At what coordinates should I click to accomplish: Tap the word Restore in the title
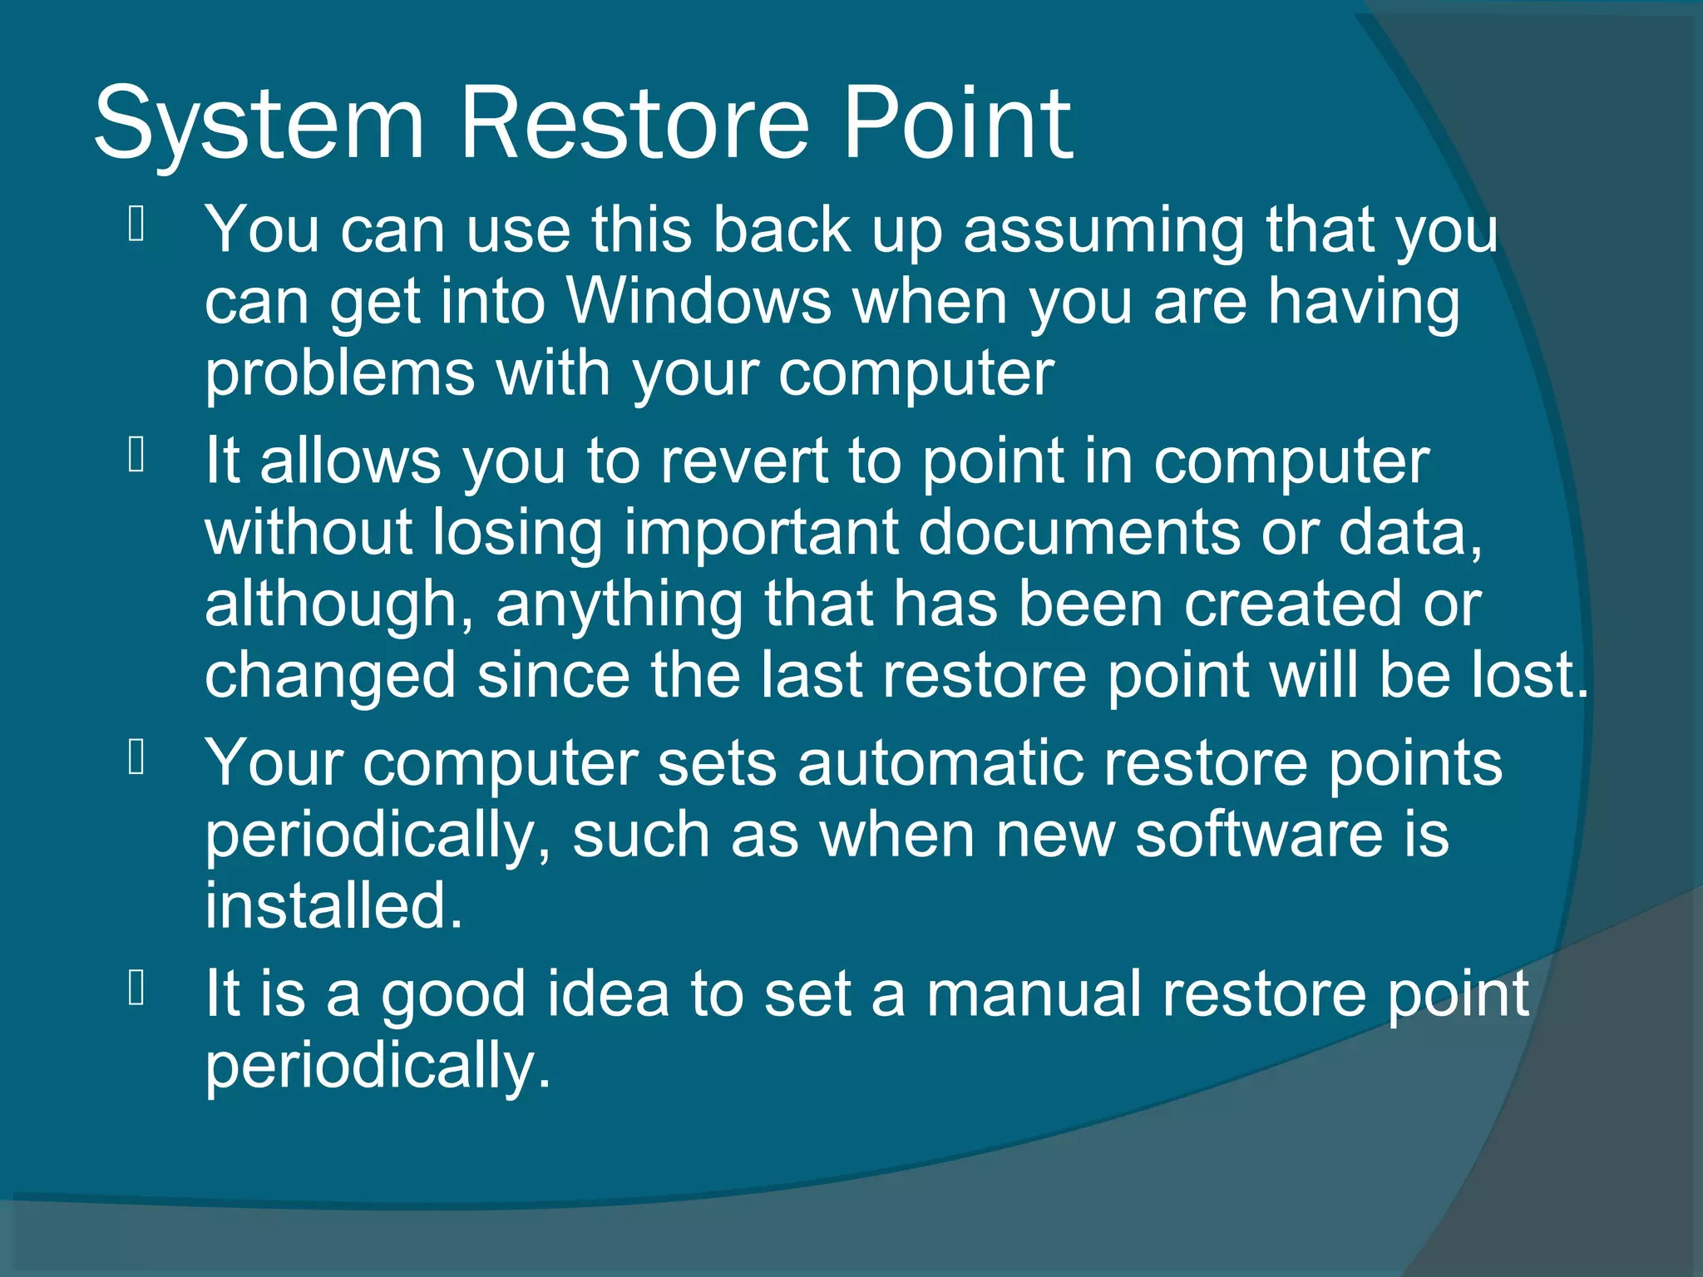(x=634, y=125)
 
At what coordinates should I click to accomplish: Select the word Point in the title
(x=958, y=125)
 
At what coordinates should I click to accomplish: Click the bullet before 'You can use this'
(x=137, y=224)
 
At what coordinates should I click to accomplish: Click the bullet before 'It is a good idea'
(x=137, y=989)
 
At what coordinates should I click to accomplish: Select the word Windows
(x=698, y=301)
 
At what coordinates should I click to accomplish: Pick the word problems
(x=339, y=374)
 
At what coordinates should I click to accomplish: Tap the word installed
(x=333, y=906)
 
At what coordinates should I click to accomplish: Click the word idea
(x=608, y=994)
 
